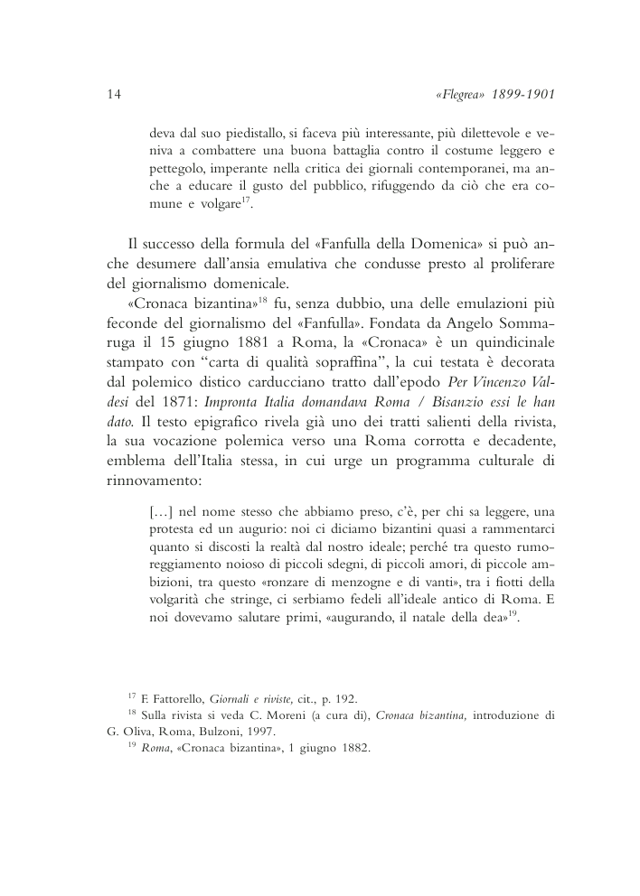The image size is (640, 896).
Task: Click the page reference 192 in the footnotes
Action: point(345,698)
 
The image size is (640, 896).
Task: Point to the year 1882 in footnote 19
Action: point(353,750)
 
